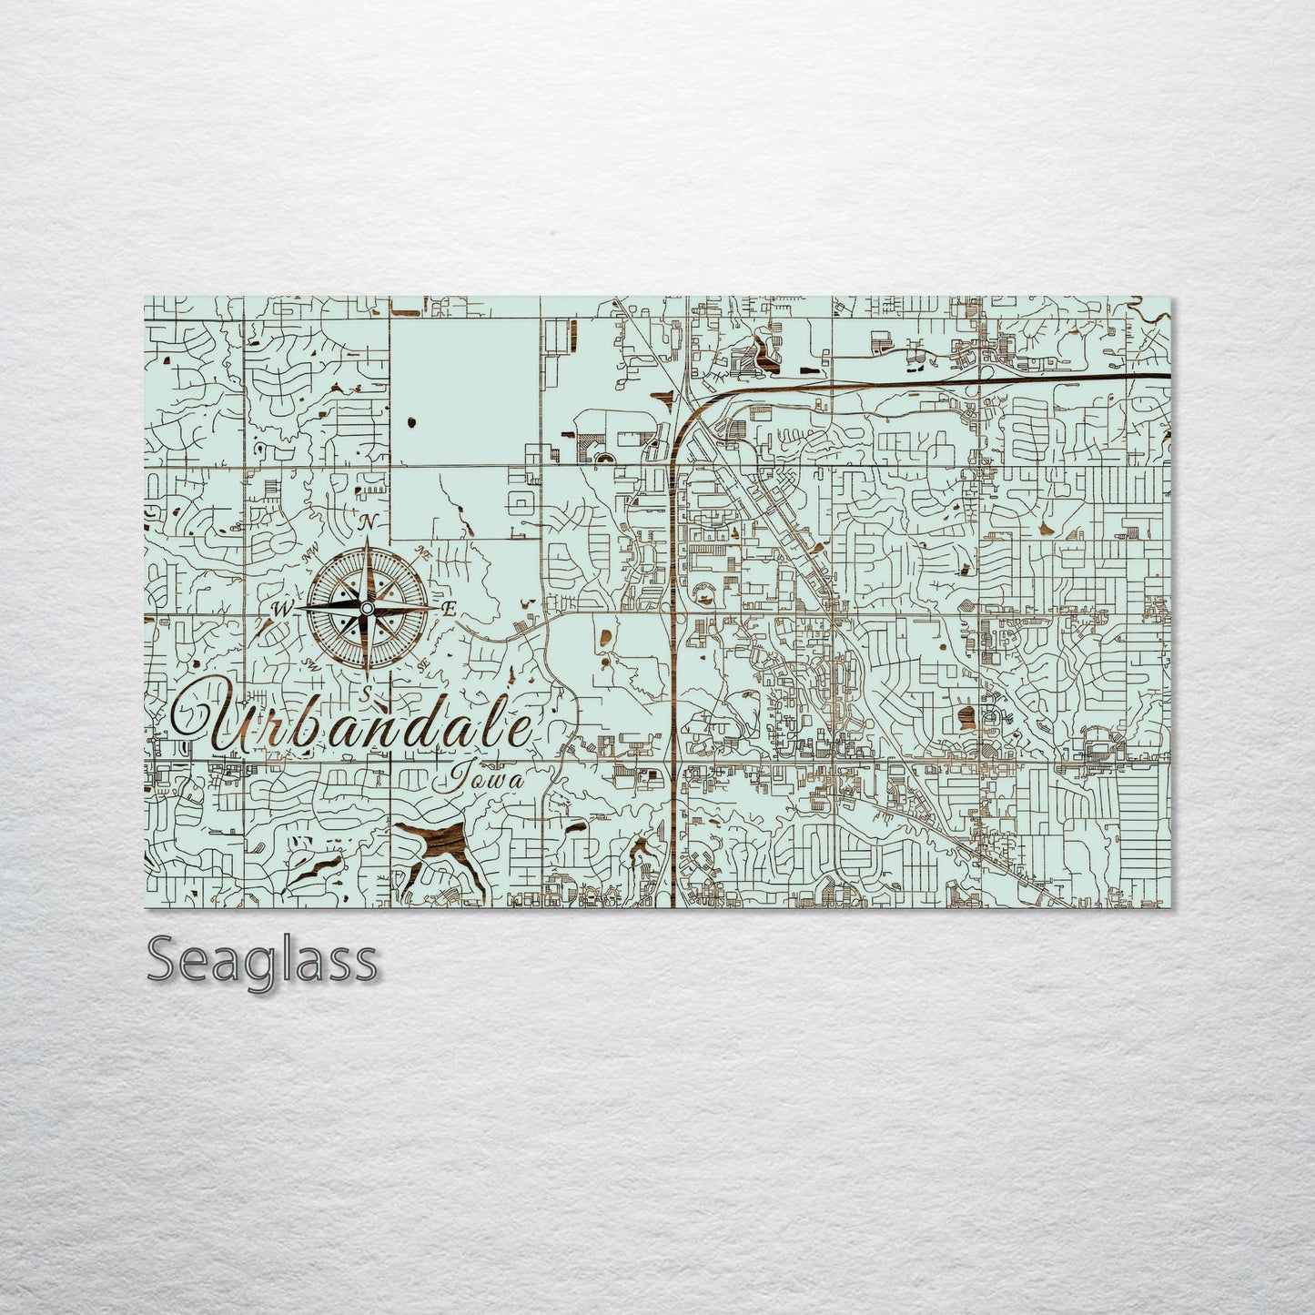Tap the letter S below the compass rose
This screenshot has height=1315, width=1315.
365,694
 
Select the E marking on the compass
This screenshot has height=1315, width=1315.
448,608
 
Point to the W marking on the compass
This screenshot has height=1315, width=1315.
281,609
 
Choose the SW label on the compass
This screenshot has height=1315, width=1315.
309,663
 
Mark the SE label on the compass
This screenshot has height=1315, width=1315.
422,665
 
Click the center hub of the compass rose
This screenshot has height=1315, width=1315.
366,608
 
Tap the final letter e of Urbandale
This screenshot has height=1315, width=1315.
520,731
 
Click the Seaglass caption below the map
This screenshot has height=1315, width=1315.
262,960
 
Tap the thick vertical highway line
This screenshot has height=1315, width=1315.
673,683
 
